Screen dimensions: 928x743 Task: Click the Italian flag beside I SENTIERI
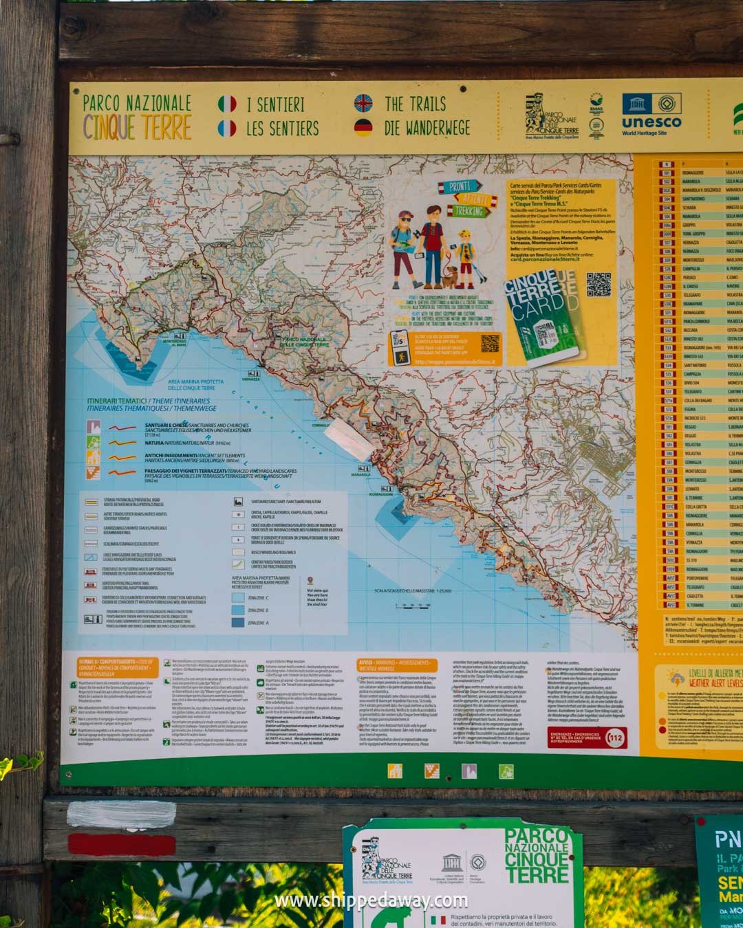tap(227, 104)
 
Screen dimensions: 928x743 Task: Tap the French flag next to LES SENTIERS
tap(227, 129)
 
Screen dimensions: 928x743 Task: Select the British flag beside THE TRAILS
tap(363, 104)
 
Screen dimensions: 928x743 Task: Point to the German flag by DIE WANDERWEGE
tap(363, 127)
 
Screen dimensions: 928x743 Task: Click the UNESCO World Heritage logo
tap(652, 113)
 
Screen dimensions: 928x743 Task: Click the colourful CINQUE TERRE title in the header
tap(137, 127)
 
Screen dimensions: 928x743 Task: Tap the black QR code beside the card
tap(599, 285)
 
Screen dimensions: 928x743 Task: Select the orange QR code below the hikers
tap(490, 343)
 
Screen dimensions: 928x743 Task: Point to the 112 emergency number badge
tap(616, 738)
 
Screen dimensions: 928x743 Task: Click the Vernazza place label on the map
tap(251, 379)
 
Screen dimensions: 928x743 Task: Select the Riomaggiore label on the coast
tap(380, 494)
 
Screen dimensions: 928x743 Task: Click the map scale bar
tap(413, 606)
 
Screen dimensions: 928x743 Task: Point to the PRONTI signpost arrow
tap(460, 186)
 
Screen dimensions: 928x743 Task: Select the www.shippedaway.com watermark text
tap(371, 901)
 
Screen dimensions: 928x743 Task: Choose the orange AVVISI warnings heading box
tap(397, 665)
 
